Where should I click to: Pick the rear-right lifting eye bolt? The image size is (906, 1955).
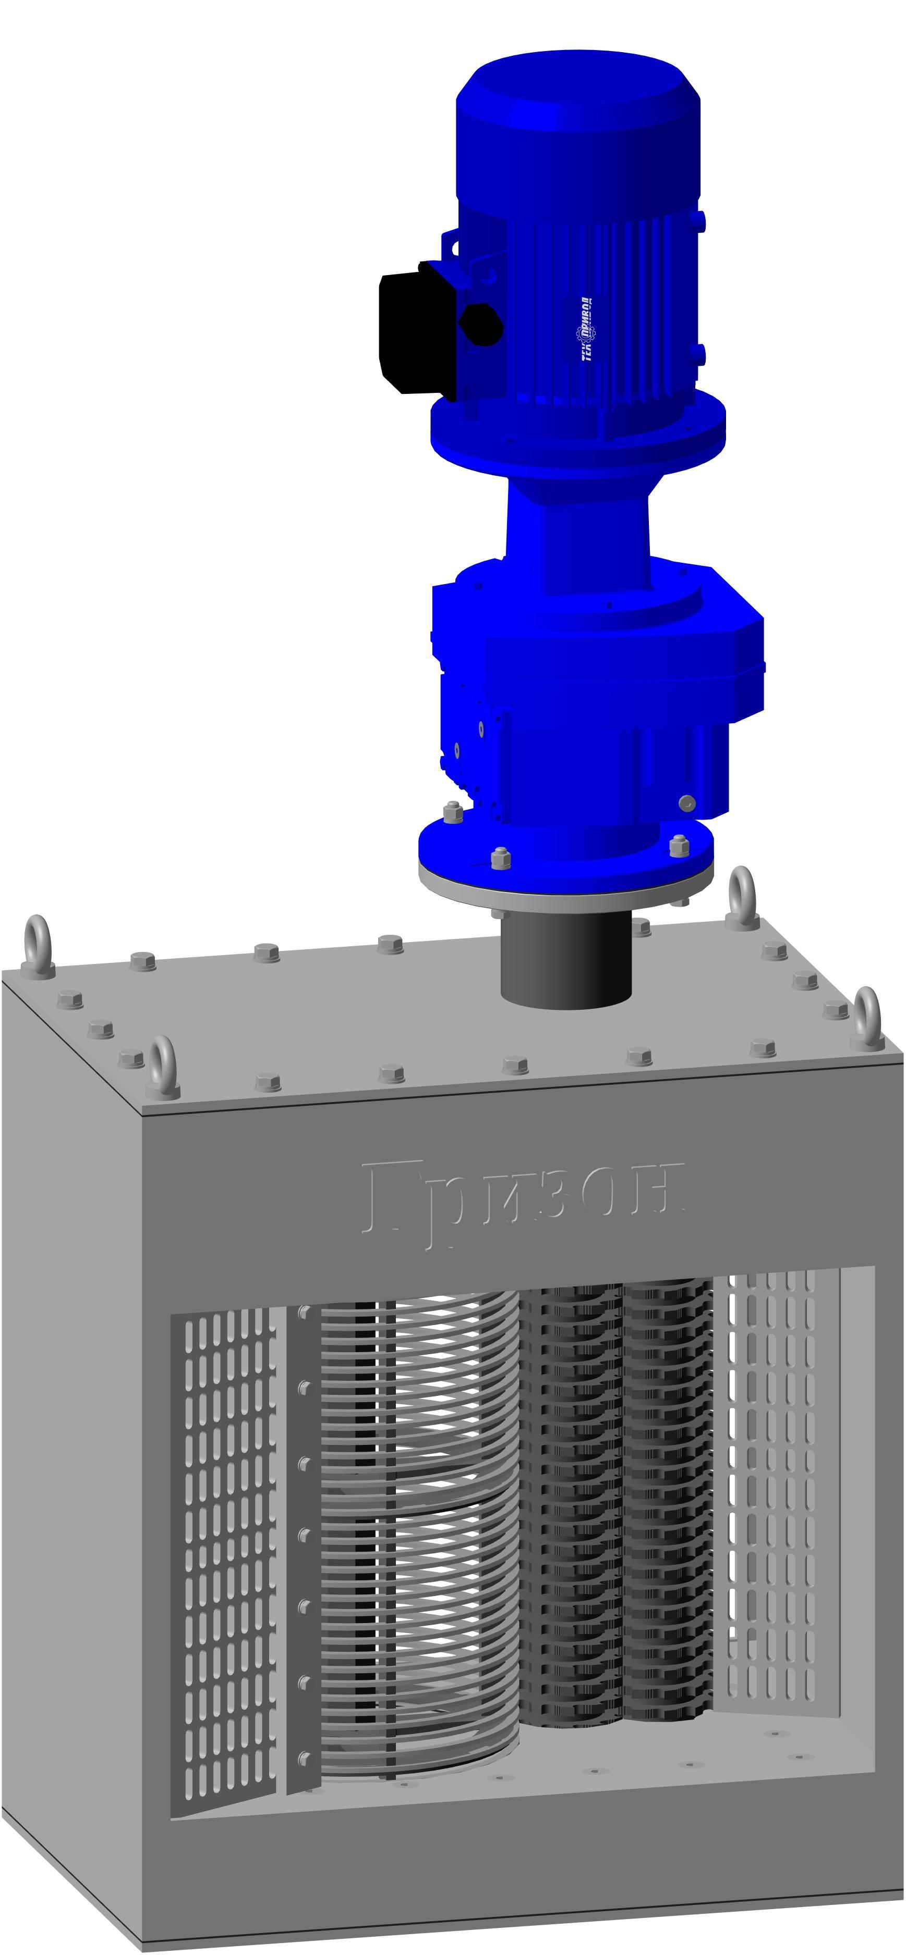tap(742, 896)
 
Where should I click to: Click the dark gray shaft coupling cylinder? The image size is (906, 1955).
tap(566, 960)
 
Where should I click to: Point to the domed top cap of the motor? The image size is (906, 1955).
tap(577, 91)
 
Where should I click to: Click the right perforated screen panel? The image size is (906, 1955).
tap(775, 1488)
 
